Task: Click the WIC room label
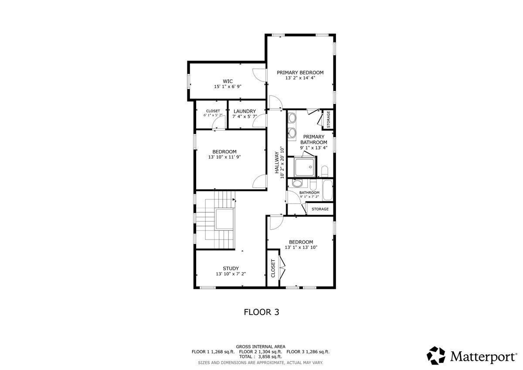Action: (228, 81)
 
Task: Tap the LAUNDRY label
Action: (244, 111)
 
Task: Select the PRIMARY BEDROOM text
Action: (300, 72)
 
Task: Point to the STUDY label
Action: (231, 268)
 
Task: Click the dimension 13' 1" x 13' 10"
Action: (301, 247)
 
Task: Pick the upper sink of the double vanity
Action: (292, 118)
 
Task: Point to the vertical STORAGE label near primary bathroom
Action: (329, 119)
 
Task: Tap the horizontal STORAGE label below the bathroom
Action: (320, 209)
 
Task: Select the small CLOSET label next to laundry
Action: (213, 111)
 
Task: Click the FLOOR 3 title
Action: (261, 312)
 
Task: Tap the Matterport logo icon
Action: (436, 355)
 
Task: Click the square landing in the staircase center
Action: (224, 219)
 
